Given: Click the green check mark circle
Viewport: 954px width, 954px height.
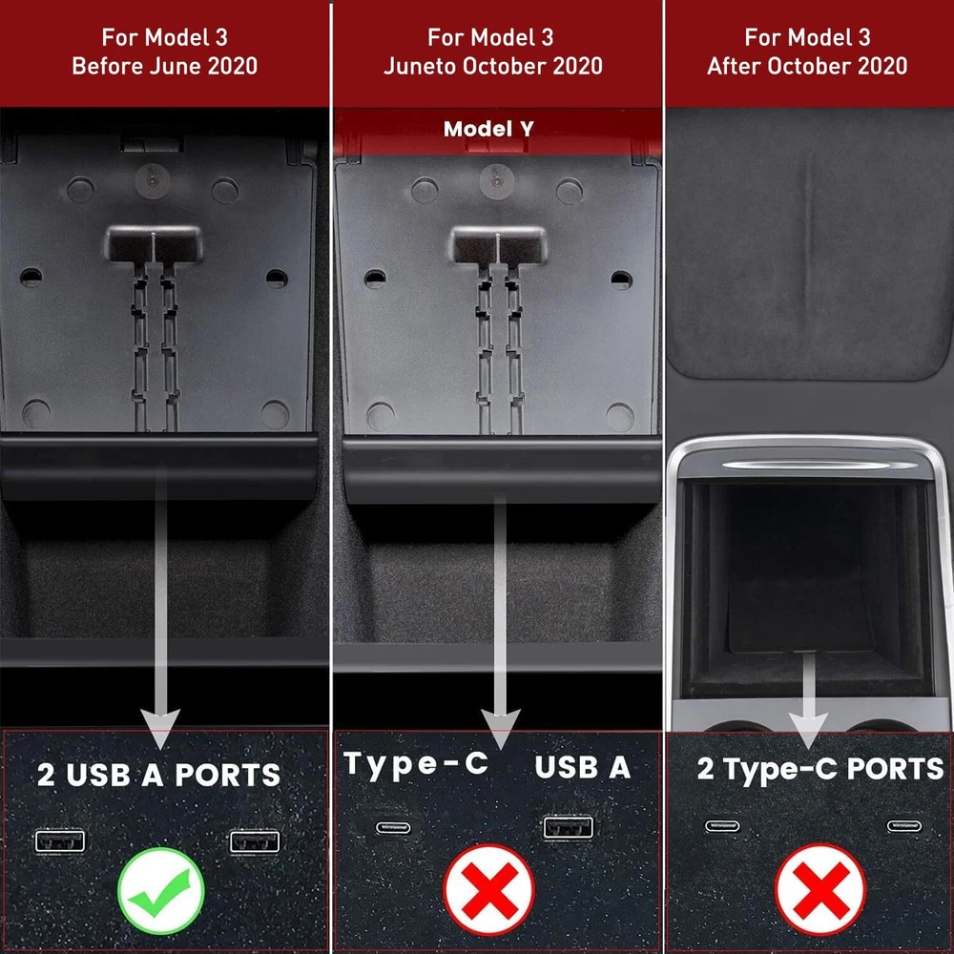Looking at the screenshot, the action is pos(161,891).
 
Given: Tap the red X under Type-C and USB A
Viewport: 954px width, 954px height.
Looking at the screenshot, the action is pos(489,889).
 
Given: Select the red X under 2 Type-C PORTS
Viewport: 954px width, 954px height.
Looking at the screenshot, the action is pos(820,889).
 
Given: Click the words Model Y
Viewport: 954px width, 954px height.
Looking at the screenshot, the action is pos(488,129).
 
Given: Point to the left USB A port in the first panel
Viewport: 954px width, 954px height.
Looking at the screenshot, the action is pos(60,841).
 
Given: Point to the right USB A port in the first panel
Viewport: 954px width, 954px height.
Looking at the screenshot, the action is pos(255,842).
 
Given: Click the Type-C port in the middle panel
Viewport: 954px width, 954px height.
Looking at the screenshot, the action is pos(393,827).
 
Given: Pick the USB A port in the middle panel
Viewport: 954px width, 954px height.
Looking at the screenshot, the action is pos(569,827).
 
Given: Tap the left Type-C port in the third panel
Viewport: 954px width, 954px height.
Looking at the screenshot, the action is pos(722,825).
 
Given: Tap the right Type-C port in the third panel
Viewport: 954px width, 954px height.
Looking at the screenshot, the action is pos(904,825).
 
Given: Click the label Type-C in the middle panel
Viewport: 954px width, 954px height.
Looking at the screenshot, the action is pos(416,764).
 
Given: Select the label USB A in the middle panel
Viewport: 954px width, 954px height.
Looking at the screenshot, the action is pos(582,767).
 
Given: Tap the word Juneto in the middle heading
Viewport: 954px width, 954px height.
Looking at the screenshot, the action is pos(420,66).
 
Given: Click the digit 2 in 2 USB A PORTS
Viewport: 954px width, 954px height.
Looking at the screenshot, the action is pos(46,775).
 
